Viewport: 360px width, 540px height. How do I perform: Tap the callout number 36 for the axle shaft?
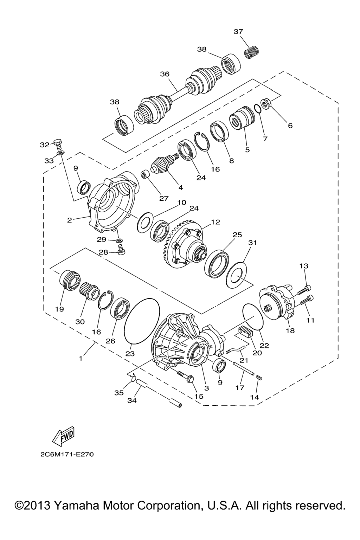pyautogui.click(x=165, y=74)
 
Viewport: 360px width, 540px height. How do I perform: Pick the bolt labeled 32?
pyautogui.click(x=58, y=144)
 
